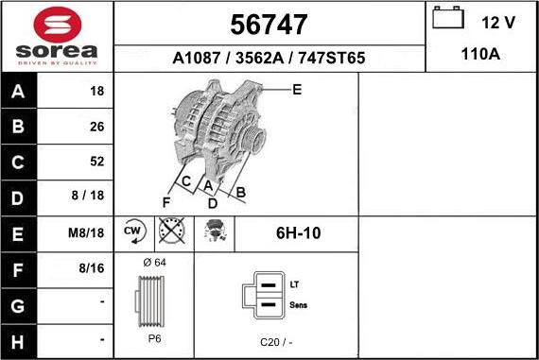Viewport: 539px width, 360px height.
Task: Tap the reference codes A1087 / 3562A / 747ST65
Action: click(269, 59)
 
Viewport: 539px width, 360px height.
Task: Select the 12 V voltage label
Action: click(497, 22)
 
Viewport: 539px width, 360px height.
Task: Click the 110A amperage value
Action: click(480, 55)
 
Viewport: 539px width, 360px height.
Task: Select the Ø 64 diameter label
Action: click(153, 262)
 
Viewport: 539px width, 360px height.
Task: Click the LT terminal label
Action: click(294, 283)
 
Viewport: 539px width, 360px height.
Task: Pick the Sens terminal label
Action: click(298, 305)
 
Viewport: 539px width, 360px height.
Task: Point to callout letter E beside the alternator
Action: click(297, 91)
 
